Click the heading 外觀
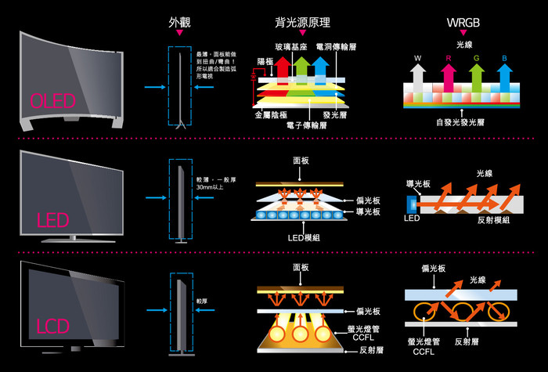click(x=179, y=22)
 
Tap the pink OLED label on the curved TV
click(x=52, y=101)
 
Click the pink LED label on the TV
click(x=53, y=219)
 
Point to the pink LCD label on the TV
click(x=51, y=325)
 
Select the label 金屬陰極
click(x=272, y=114)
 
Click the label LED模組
click(x=301, y=237)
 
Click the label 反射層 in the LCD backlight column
click(x=370, y=350)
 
